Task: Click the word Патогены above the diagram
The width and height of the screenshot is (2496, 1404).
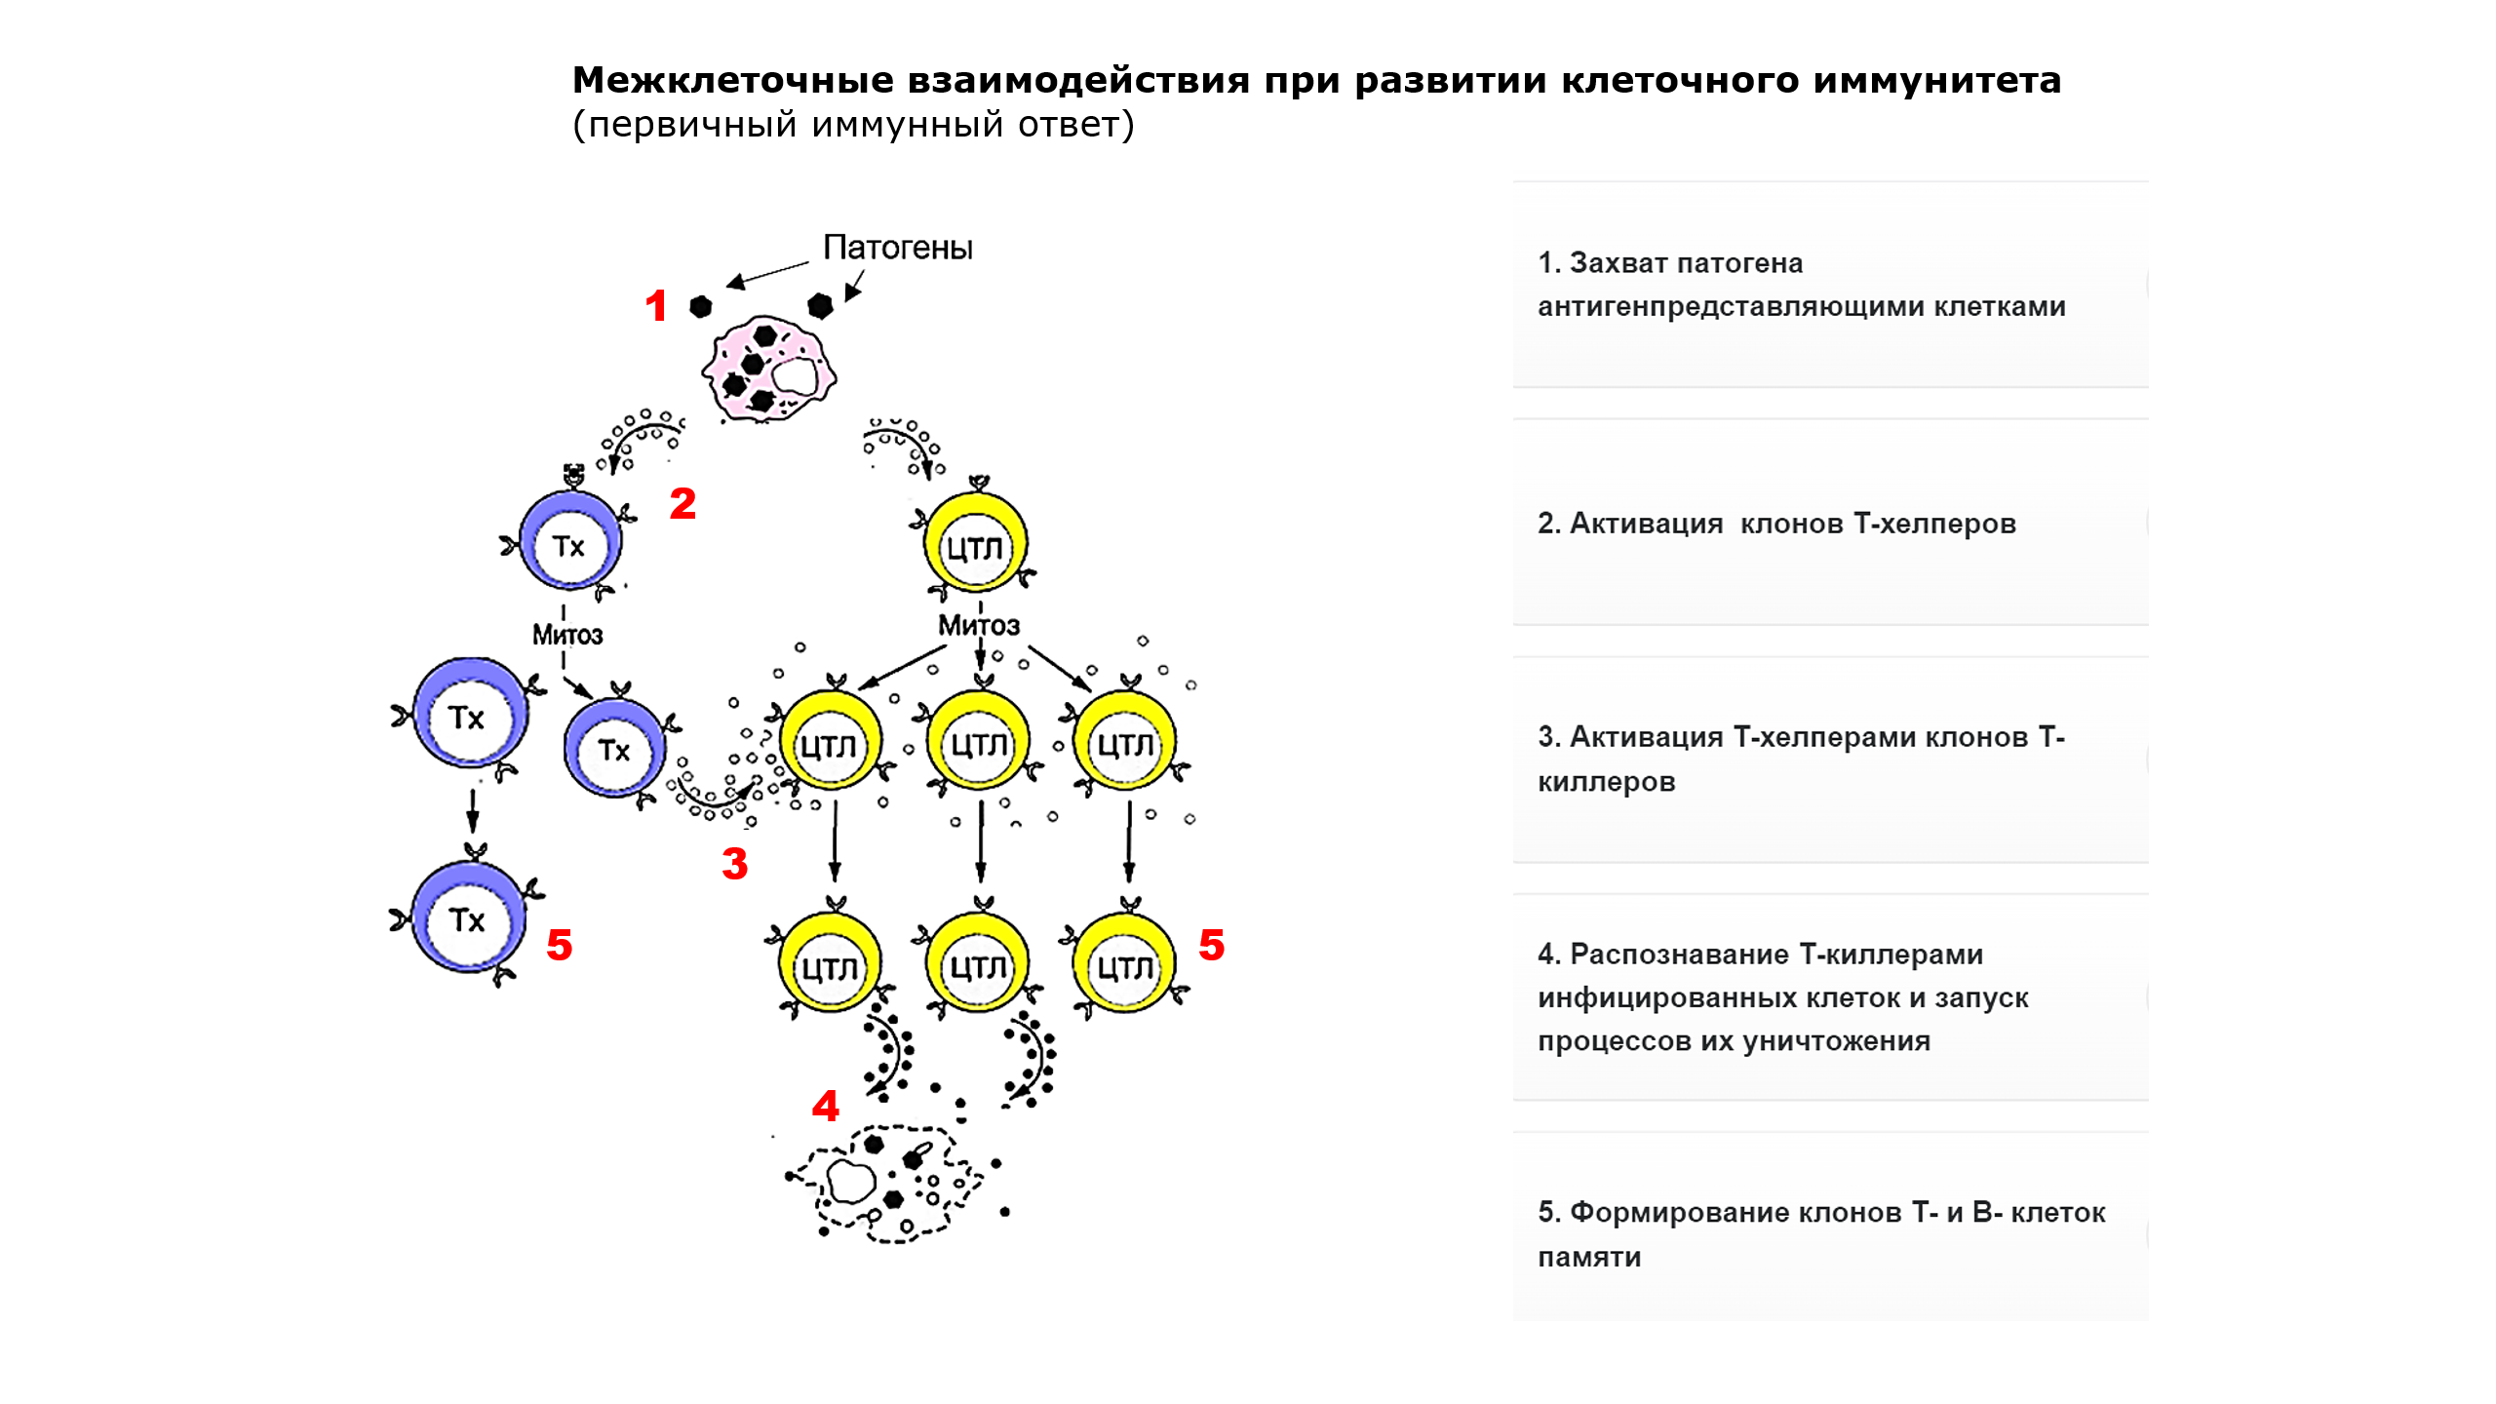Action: pyautogui.click(x=897, y=248)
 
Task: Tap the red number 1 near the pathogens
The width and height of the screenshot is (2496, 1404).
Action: pyautogui.click(x=656, y=306)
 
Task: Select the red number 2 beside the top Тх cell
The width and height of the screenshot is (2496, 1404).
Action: pyautogui.click(x=682, y=504)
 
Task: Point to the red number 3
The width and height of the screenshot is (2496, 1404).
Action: pyautogui.click(x=735, y=864)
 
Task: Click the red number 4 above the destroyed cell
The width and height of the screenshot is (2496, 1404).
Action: pyautogui.click(x=826, y=1106)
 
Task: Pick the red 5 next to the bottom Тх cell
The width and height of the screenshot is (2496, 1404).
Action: pyautogui.click(x=560, y=945)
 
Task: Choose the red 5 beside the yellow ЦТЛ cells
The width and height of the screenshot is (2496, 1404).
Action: pyautogui.click(x=1212, y=945)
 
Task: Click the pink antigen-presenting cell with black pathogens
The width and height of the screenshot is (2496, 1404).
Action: pyautogui.click(x=769, y=369)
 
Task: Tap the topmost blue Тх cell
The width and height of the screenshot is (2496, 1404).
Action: pyautogui.click(x=570, y=543)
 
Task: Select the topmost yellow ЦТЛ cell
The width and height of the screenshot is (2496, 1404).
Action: pyautogui.click(x=976, y=545)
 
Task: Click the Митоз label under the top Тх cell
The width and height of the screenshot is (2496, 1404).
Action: pyautogui.click(x=567, y=636)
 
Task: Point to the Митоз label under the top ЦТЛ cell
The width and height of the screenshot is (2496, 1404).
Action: pyautogui.click(x=979, y=626)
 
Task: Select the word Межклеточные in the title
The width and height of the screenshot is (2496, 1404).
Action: pyautogui.click(x=731, y=80)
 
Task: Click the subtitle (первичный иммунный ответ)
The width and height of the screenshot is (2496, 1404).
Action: pyautogui.click(x=853, y=125)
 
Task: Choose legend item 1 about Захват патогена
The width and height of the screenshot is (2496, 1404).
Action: pyautogui.click(x=1802, y=285)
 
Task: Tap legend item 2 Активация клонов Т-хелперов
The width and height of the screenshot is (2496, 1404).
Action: pyautogui.click(x=1776, y=524)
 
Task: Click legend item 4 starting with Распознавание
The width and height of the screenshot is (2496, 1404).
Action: pyautogui.click(x=1782, y=997)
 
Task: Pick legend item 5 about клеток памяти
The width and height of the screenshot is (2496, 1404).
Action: pyautogui.click(x=1821, y=1234)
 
